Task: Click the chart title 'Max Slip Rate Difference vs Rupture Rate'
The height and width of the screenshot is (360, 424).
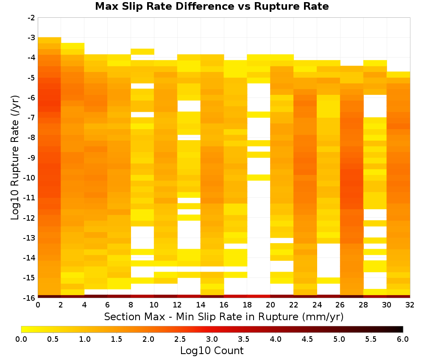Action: click(212, 6)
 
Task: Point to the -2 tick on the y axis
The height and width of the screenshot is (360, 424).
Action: click(31, 18)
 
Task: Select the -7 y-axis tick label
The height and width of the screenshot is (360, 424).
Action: click(31, 118)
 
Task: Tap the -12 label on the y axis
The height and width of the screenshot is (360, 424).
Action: click(30, 218)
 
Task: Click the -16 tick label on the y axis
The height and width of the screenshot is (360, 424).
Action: click(30, 298)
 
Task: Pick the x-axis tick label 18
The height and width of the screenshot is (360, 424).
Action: click(247, 305)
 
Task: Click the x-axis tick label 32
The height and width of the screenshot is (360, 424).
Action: click(410, 305)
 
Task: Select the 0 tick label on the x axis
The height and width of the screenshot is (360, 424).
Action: click(38, 305)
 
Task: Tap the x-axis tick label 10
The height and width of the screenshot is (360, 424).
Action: click(154, 305)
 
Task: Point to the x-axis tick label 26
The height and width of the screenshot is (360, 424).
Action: click(340, 305)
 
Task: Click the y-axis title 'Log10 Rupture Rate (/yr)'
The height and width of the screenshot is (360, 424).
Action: click(15, 158)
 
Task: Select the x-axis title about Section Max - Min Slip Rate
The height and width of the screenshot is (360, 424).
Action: click(224, 316)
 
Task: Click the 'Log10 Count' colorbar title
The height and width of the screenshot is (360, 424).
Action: click(212, 351)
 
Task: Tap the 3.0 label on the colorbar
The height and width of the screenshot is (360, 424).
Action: click(212, 339)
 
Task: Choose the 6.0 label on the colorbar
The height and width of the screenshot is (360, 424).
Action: click(403, 339)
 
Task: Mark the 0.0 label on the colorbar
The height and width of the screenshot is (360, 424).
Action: click(21, 339)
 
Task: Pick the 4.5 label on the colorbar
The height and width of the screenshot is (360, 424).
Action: click(307, 339)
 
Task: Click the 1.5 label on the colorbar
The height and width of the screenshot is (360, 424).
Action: click(117, 339)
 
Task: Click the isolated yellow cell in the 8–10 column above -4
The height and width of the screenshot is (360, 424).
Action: click(142, 52)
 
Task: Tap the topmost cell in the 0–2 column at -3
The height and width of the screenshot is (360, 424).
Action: click(50, 40)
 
